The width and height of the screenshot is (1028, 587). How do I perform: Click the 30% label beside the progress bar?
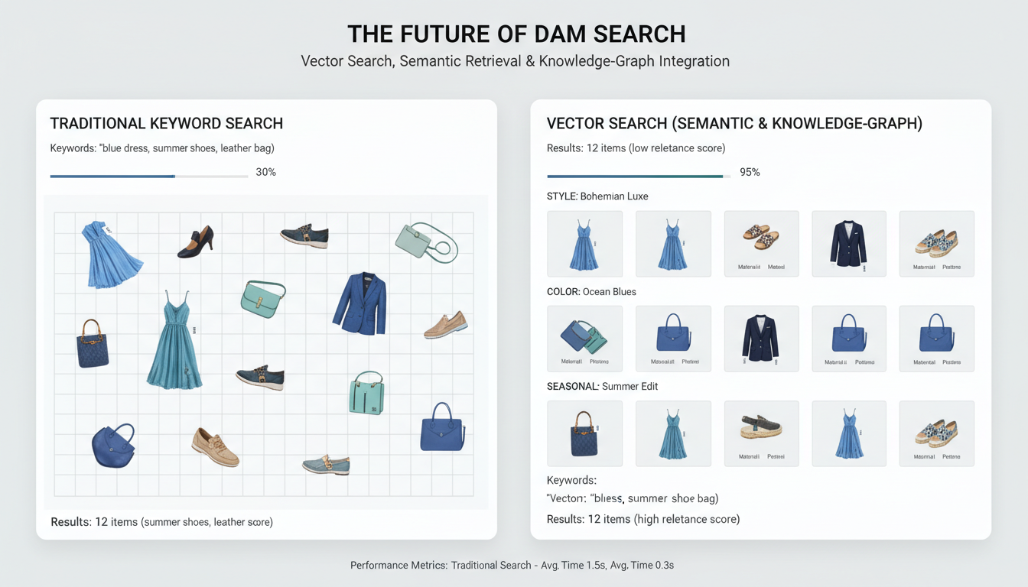265,172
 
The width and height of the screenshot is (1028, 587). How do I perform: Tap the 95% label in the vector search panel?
750,172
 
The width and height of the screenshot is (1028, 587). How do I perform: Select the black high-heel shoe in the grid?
196,242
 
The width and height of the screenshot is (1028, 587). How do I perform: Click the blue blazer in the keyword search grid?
360,303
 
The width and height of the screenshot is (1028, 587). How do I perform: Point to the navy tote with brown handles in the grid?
93,344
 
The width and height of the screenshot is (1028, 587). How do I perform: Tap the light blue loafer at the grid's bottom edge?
327,463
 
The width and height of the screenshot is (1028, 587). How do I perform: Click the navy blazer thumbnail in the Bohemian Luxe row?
848,243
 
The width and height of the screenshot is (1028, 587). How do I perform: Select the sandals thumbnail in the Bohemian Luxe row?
761,238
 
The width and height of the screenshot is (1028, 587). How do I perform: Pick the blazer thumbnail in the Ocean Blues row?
761,338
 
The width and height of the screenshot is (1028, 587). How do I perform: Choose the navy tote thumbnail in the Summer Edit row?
584,433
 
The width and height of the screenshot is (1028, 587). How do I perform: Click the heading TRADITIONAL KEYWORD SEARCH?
167,123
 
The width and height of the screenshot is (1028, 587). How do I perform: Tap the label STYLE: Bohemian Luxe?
597,196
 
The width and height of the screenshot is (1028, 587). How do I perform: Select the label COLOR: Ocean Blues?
591,291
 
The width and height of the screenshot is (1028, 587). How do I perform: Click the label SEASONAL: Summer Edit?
602,386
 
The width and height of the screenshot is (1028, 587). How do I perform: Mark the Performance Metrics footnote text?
512,566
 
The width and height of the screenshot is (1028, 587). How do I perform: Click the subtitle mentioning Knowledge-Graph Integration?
515,61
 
